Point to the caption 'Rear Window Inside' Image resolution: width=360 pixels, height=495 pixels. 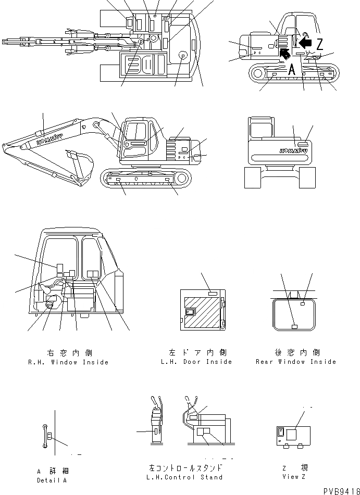pos(296,362)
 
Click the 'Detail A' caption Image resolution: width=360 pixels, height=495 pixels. pos(52,480)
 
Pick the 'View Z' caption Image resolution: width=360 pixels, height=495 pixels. pos(294,476)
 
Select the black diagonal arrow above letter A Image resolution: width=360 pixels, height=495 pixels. pos(284,53)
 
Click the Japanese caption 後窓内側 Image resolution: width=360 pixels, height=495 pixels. pos(296,353)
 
